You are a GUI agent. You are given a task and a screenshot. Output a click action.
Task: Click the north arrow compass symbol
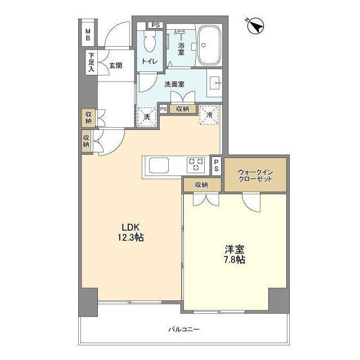point(256,25)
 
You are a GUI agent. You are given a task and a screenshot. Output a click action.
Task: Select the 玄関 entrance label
point(116,65)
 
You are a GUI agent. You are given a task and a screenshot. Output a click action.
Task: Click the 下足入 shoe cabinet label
point(91,61)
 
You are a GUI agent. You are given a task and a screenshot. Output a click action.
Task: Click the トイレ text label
point(150,61)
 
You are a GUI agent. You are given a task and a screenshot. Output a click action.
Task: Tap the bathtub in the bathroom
point(209,46)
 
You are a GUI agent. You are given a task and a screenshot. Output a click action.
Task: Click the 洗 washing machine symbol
point(147,116)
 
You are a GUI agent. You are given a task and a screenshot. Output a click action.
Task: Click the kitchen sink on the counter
point(157,166)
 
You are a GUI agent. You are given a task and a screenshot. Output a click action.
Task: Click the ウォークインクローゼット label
point(255,174)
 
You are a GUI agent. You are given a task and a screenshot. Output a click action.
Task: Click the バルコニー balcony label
point(183,329)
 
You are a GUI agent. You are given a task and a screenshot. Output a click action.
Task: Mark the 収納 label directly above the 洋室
point(201,184)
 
